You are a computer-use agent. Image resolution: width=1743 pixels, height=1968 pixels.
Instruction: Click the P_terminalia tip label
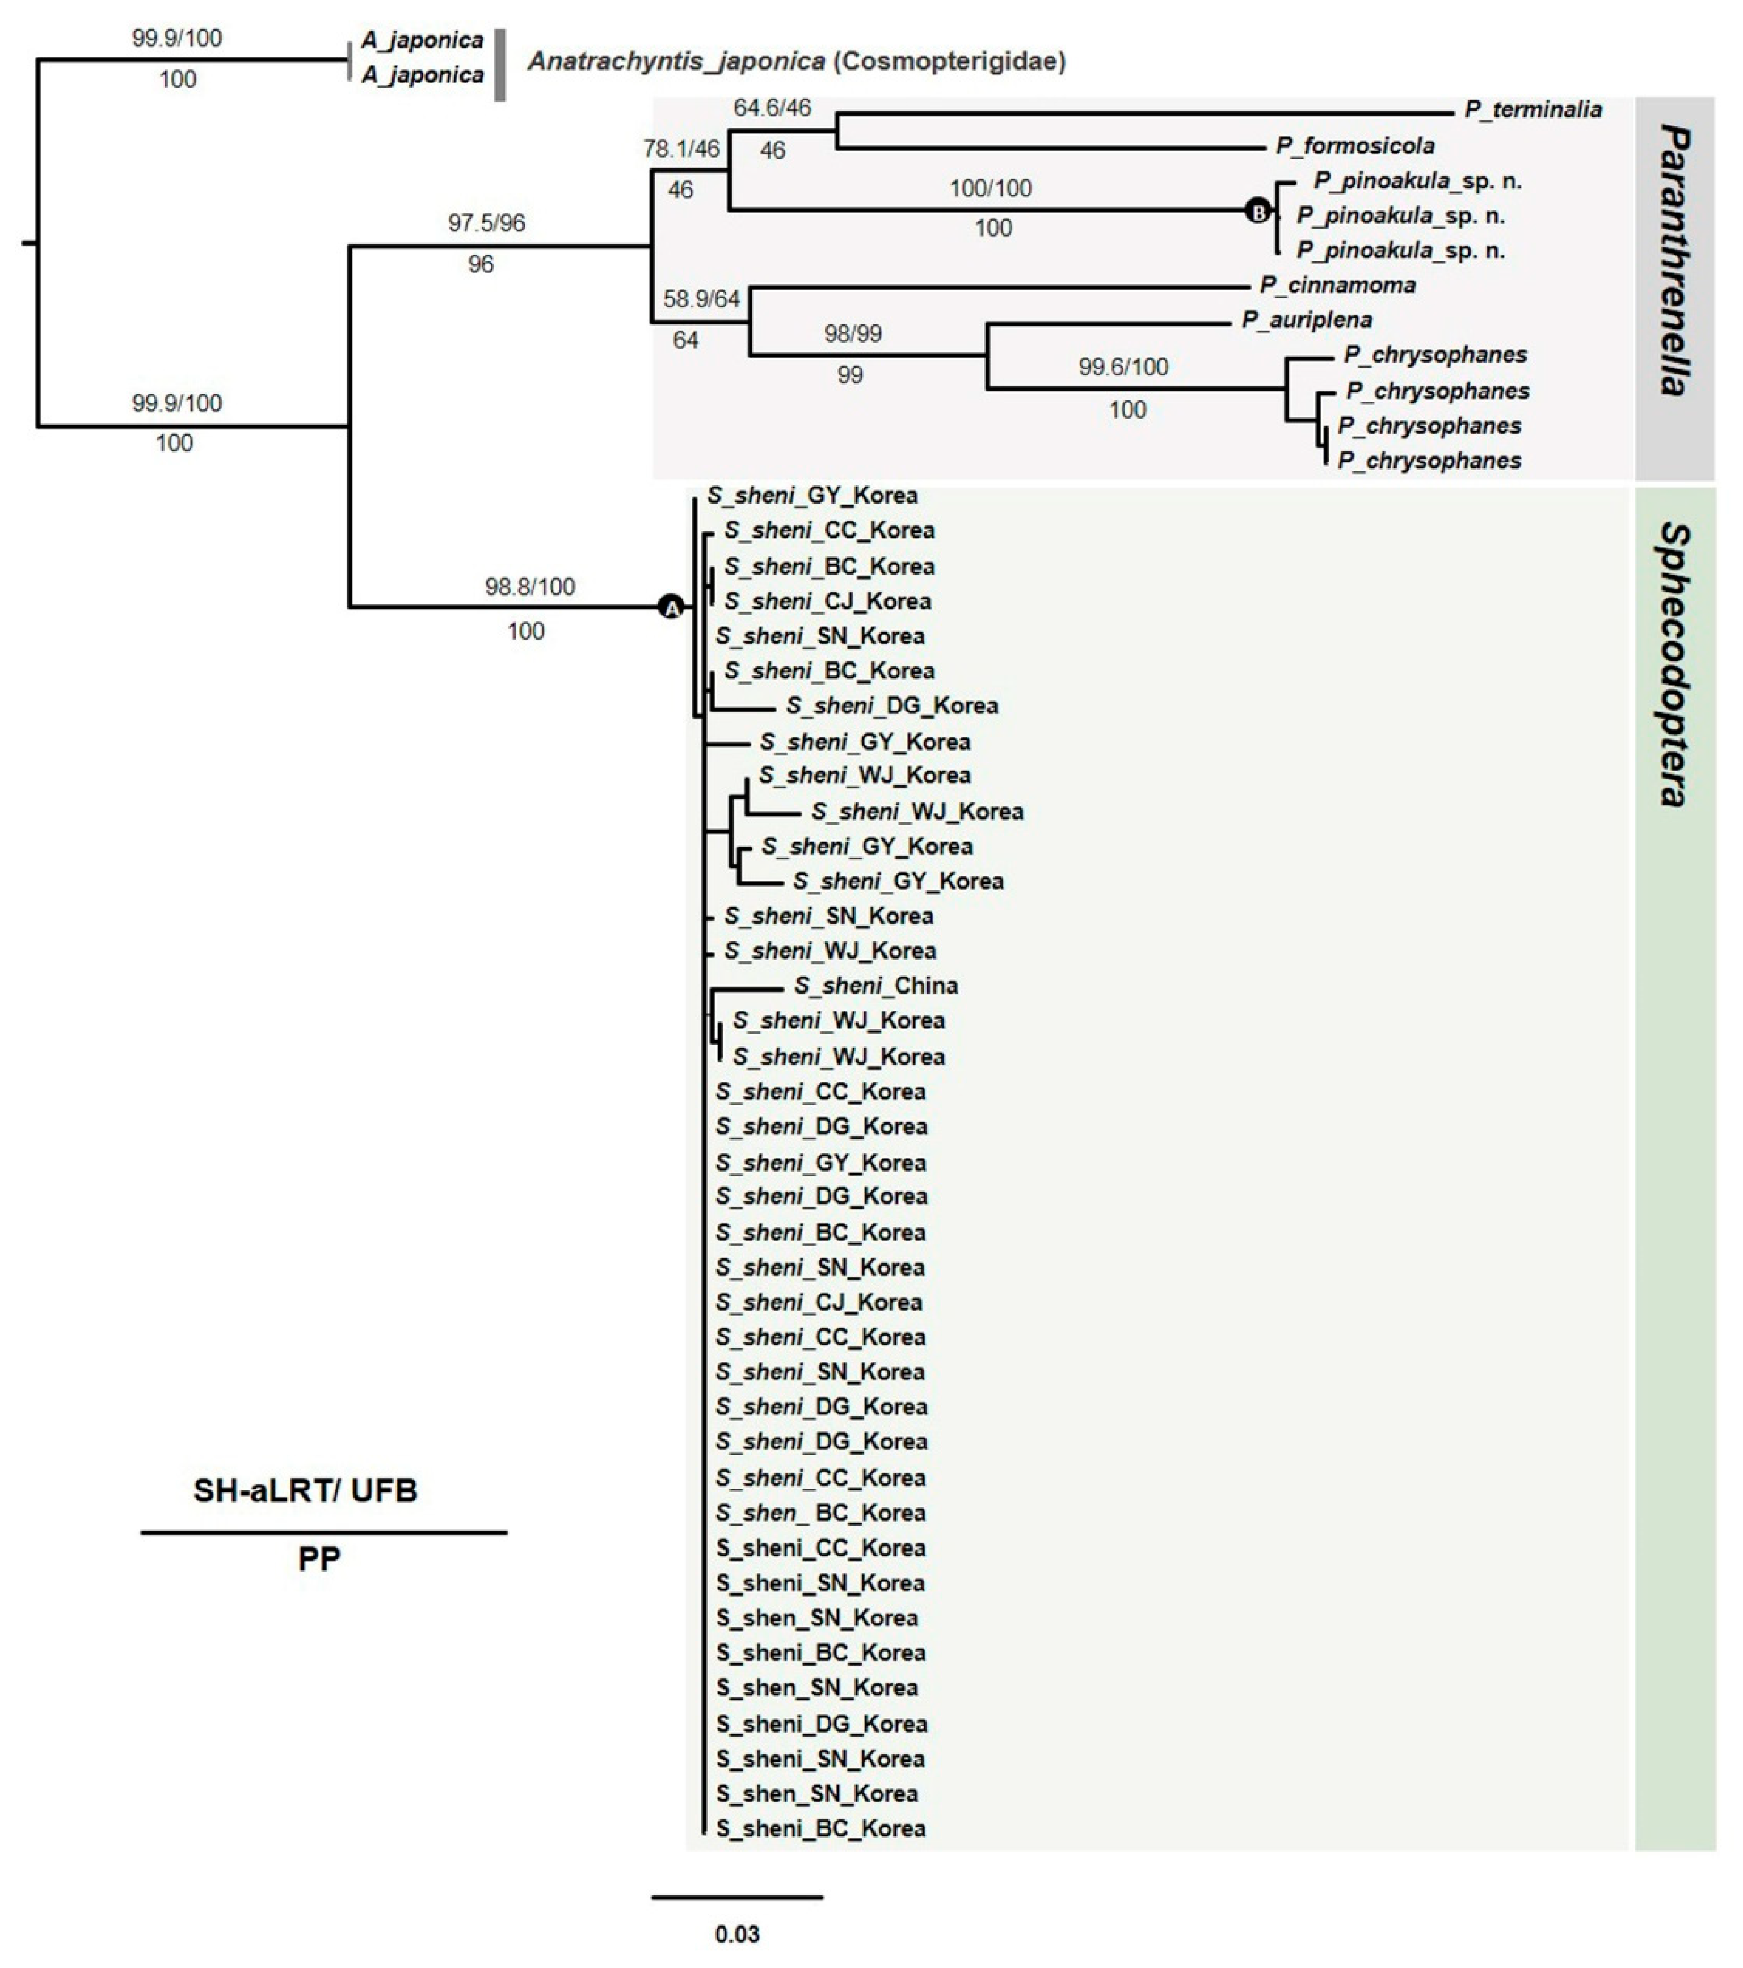click(x=1533, y=110)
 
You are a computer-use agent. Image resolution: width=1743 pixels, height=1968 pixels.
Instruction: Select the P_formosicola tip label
click(x=1355, y=146)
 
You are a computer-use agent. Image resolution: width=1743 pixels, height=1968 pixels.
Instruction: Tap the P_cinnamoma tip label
click(x=1337, y=286)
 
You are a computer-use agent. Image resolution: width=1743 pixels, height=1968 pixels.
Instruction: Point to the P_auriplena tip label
click(x=1307, y=320)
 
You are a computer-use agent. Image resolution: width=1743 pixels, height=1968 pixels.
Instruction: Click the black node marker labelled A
click(x=670, y=607)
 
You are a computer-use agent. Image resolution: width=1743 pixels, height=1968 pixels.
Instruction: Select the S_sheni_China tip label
click(x=875, y=986)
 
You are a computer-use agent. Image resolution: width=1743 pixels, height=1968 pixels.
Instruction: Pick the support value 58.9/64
click(x=701, y=299)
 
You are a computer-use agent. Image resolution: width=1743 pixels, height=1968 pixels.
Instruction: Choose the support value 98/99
click(x=852, y=334)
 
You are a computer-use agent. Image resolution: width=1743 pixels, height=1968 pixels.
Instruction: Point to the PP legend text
click(x=319, y=1559)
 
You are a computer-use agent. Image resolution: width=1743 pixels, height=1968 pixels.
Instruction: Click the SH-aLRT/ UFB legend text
click(x=305, y=1490)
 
